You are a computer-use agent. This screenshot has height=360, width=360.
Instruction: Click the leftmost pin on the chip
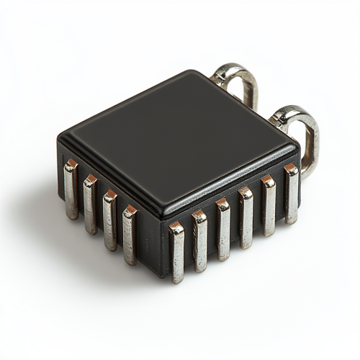tap(71, 190)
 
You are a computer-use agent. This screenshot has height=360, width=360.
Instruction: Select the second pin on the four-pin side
tap(90, 204)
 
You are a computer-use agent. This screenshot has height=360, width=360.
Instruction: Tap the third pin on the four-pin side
tap(109, 219)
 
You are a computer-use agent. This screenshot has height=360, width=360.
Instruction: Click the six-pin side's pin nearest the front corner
tap(176, 252)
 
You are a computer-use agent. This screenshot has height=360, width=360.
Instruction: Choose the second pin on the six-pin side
tap(199, 240)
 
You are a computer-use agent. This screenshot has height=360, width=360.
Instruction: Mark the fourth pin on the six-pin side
tap(246, 217)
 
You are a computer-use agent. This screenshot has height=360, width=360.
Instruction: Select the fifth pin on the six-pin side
tap(268, 207)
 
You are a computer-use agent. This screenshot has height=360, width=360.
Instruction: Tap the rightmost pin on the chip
tap(291, 194)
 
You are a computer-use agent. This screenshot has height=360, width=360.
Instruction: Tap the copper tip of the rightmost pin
tap(290, 168)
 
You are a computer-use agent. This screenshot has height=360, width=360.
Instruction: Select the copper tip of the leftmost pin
tap(71, 165)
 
